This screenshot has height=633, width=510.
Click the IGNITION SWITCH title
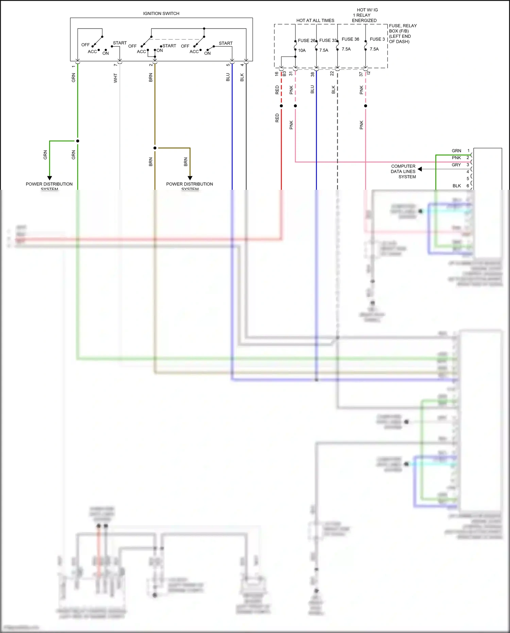(161, 14)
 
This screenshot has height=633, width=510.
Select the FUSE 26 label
(306, 40)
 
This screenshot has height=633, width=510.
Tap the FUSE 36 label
(350, 39)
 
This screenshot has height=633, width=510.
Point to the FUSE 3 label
(377, 39)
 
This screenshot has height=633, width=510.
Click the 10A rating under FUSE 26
(302, 50)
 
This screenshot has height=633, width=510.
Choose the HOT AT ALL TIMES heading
(315, 20)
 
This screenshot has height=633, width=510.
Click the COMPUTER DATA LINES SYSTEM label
(403, 171)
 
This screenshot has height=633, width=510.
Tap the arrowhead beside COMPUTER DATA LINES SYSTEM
(420, 169)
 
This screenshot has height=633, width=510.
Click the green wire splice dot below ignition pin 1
(78, 141)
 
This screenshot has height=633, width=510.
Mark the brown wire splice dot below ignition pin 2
(155, 148)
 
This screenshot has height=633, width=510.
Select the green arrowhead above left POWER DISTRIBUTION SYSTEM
(50, 178)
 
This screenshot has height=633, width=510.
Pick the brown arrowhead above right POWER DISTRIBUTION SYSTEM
(190, 178)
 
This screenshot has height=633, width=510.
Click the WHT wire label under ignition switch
(115, 78)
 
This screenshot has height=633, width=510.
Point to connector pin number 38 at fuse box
(312, 74)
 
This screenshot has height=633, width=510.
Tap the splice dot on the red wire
(281, 106)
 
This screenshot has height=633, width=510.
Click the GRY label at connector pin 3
(456, 165)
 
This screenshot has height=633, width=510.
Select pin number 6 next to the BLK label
(468, 186)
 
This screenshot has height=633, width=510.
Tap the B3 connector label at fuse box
(285, 73)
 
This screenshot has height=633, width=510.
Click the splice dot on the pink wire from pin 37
(365, 106)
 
